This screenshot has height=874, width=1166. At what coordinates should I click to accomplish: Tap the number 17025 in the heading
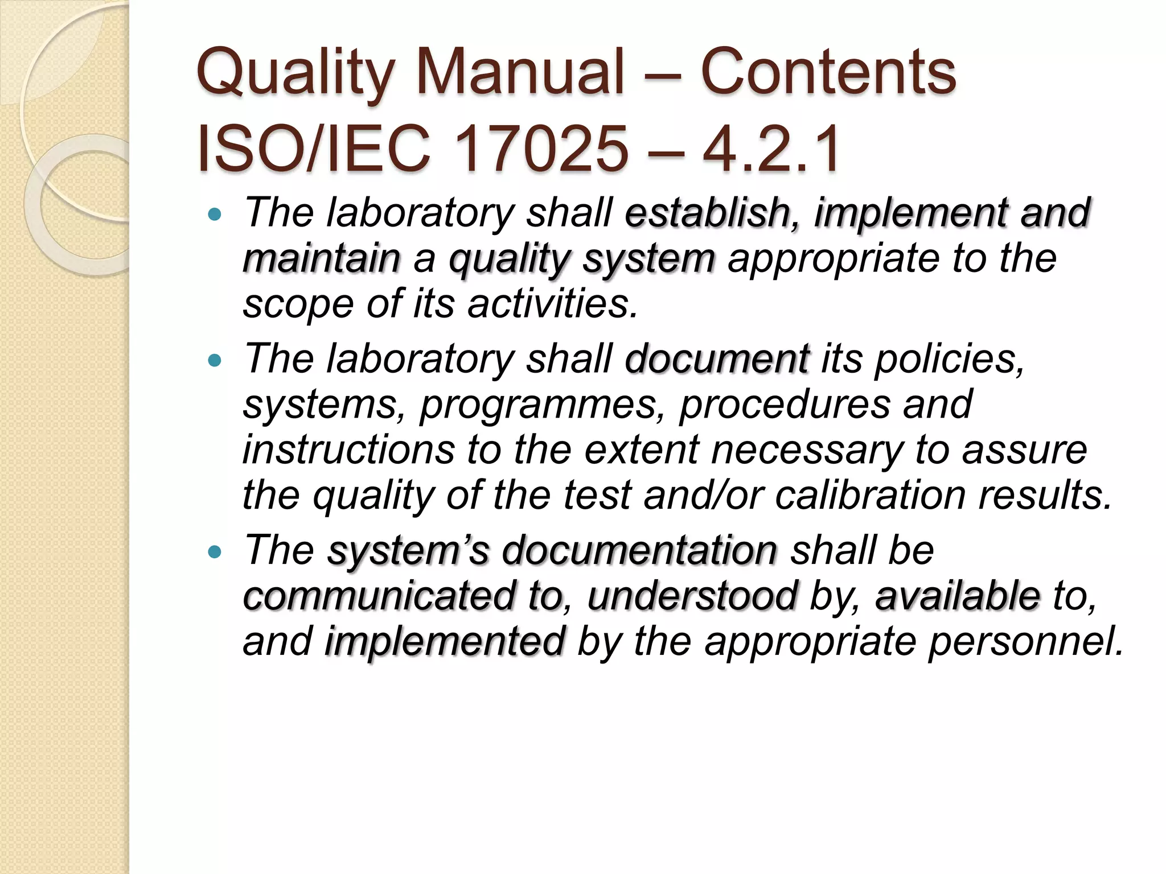pos(541,150)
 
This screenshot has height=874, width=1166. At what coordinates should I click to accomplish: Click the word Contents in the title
pos(828,73)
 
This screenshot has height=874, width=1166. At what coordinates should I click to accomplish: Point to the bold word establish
pos(707,213)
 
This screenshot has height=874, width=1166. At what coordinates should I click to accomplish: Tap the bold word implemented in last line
pos(445,641)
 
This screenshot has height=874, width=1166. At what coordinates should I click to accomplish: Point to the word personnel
pos(1025,641)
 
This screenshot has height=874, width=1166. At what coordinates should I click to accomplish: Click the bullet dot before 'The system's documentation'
pos(214,551)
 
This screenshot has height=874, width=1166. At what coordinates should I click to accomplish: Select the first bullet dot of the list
pos(214,215)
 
